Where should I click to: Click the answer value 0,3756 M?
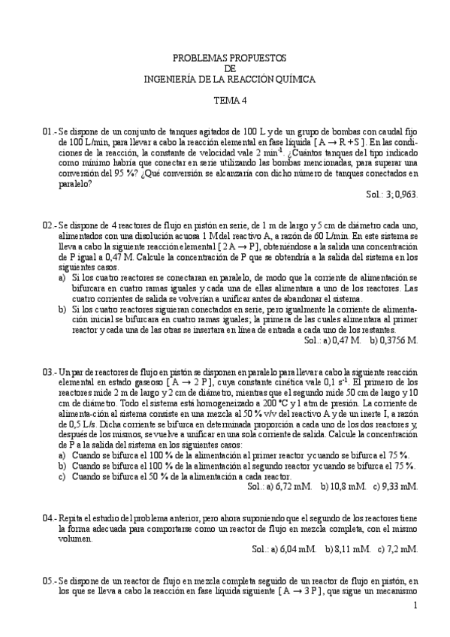tap(399, 340)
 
